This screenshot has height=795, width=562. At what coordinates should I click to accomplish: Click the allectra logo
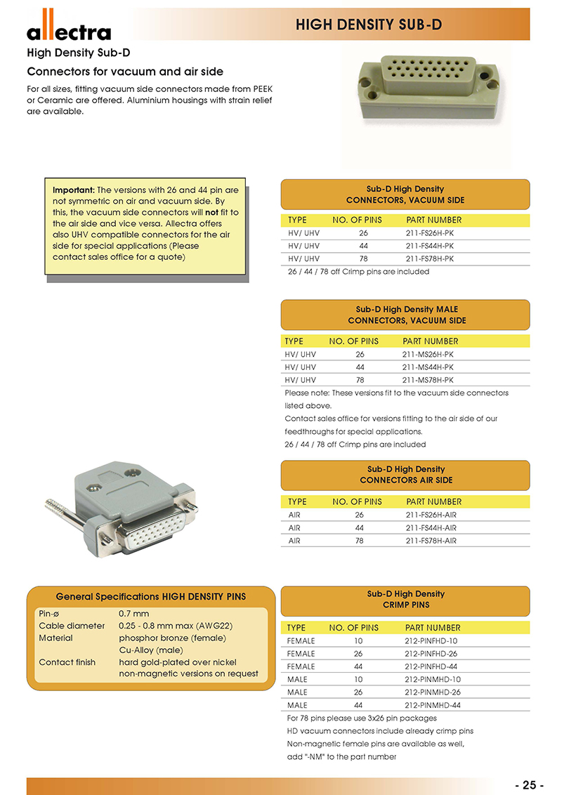tap(69, 29)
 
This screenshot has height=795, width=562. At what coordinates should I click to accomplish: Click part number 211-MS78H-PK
tap(427, 380)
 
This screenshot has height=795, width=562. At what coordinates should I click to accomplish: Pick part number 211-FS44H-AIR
tap(431, 527)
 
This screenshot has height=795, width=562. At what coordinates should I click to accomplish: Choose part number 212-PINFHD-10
tap(431, 640)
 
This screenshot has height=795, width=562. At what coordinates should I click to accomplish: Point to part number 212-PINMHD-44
tap(432, 704)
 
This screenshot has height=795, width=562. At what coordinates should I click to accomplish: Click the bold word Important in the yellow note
tap(73, 190)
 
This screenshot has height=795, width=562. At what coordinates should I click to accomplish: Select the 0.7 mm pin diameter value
tap(133, 613)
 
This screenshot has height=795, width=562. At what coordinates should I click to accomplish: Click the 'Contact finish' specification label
tap(67, 662)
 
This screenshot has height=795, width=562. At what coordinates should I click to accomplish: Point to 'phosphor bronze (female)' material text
tap(172, 638)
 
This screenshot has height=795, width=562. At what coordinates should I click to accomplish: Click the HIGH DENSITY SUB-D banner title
tap(369, 25)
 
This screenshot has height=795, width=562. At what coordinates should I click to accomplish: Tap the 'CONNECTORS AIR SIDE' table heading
tap(405, 480)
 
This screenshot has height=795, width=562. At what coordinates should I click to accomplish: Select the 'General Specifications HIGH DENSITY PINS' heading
tap(150, 596)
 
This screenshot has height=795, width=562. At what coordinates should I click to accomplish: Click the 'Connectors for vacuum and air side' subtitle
tap(125, 72)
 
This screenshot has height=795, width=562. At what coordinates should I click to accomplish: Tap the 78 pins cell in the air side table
tap(359, 541)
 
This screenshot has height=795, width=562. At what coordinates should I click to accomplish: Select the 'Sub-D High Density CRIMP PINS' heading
tap(405, 599)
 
